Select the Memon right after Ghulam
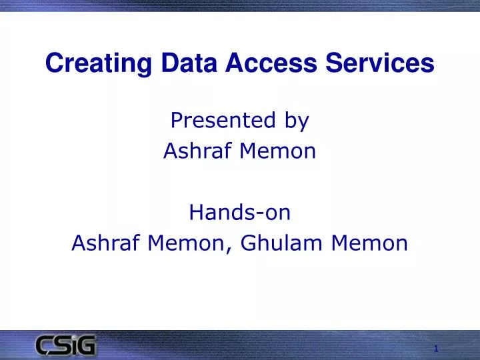366,243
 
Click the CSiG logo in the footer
66,346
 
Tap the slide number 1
435,349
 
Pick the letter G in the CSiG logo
87,346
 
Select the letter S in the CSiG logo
63,346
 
